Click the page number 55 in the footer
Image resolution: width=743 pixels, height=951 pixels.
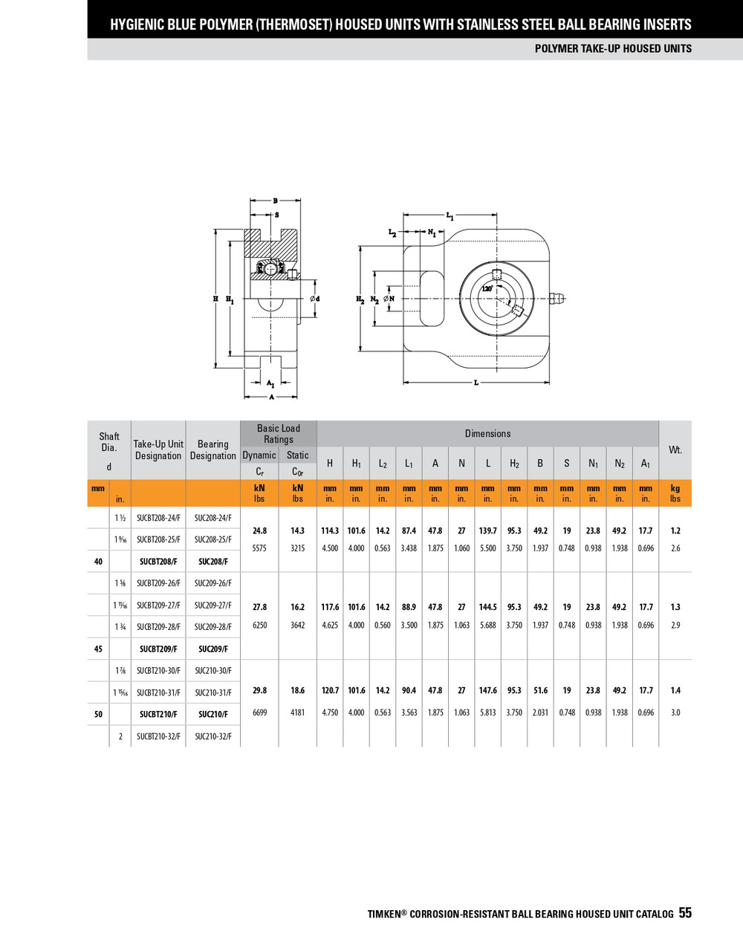(684, 913)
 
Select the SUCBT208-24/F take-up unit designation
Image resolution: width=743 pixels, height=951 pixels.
(158, 518)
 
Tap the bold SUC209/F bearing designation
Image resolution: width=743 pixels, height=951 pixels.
(213, 649)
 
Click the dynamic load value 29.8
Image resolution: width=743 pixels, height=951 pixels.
(259, 690)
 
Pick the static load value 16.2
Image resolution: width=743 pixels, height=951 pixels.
(297, 607)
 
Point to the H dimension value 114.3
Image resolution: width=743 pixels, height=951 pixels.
(330, 530)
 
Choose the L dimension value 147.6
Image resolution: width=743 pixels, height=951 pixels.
(487, 690)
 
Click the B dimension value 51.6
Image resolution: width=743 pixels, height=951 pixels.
(540, 690)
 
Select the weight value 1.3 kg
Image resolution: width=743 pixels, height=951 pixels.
(675, 607)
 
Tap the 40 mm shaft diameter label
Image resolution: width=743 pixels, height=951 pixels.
(98, 562)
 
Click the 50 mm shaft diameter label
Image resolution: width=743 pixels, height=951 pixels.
(98, 714)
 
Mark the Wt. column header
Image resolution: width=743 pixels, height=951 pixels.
(675, 449)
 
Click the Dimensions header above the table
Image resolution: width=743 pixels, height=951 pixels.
(487, 433)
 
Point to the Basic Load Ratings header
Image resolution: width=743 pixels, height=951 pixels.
(278, 433)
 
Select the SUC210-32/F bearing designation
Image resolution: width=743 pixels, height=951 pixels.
(213, 736)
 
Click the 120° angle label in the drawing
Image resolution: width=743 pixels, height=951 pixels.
(487, 288)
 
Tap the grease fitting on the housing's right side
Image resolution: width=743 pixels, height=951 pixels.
(558, 299)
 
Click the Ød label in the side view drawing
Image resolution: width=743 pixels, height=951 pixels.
(314, 299)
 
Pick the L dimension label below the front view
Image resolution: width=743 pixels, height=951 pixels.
(476, 383)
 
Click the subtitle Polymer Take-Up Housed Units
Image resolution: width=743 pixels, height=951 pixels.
(613, 48)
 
